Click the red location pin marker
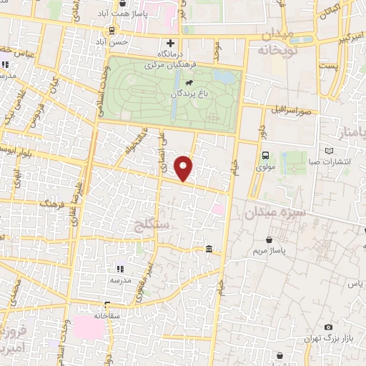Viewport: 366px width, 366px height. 185,167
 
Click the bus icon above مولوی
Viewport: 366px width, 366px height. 266,155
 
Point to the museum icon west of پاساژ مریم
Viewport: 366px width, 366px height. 208,249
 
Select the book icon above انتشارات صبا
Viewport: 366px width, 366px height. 330,151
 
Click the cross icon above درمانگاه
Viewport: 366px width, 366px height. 170,43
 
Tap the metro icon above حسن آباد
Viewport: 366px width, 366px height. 112,30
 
